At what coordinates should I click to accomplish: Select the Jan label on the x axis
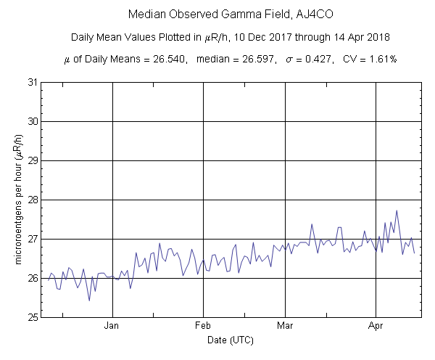[x=112, y=327]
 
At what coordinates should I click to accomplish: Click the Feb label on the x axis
[x=202, y=327]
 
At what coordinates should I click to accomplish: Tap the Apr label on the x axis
[x=376, y=327]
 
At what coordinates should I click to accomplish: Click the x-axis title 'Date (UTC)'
[x=231, y=340]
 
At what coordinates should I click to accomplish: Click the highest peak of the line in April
[x=397, y=210]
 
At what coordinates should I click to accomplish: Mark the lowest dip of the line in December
[x=89, y=300]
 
